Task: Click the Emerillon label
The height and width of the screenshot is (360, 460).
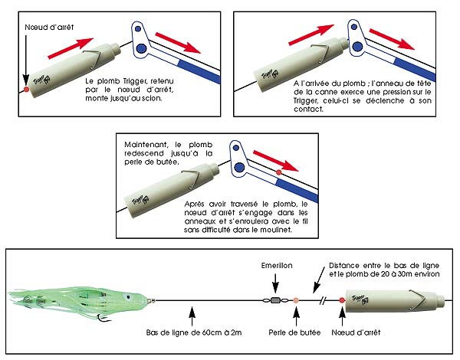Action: click(273, 268)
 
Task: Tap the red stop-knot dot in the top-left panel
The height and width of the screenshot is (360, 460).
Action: click(27, 90)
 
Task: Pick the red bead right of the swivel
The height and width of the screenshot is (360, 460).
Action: click(295, 299)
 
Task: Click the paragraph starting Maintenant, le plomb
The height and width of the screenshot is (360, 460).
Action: click(163, 153)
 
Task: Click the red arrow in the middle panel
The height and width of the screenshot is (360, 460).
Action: click(274, 162)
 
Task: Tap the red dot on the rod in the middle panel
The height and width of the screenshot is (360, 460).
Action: click(278, 174)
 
